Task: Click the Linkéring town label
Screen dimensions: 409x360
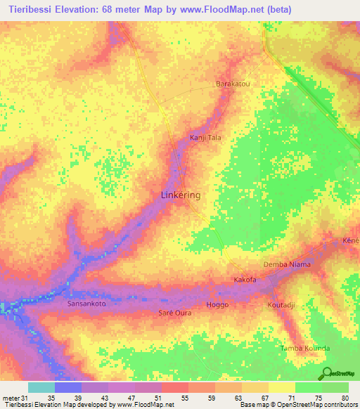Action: (x=181, y=195)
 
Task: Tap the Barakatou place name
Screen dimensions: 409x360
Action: (x=232, y=83)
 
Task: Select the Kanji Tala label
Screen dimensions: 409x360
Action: (x=205, y=138)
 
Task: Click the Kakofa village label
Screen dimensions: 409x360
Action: (x=245, y=280)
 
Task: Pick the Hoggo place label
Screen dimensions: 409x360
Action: (x=218, y=305)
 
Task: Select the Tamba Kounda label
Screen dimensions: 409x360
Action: (x=304, y=349)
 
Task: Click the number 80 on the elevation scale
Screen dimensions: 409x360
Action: (x=345, y=398)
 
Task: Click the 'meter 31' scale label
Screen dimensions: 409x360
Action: (x=12, y=398)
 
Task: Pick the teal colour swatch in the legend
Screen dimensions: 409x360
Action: (x=41, y=387)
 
